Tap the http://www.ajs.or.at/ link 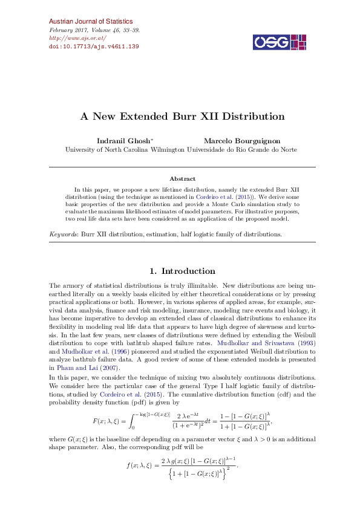(73, 37)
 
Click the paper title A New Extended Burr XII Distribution (182, 116)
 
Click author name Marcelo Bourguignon (242, 141)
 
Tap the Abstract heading (182, 179)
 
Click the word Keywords (64, 233)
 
